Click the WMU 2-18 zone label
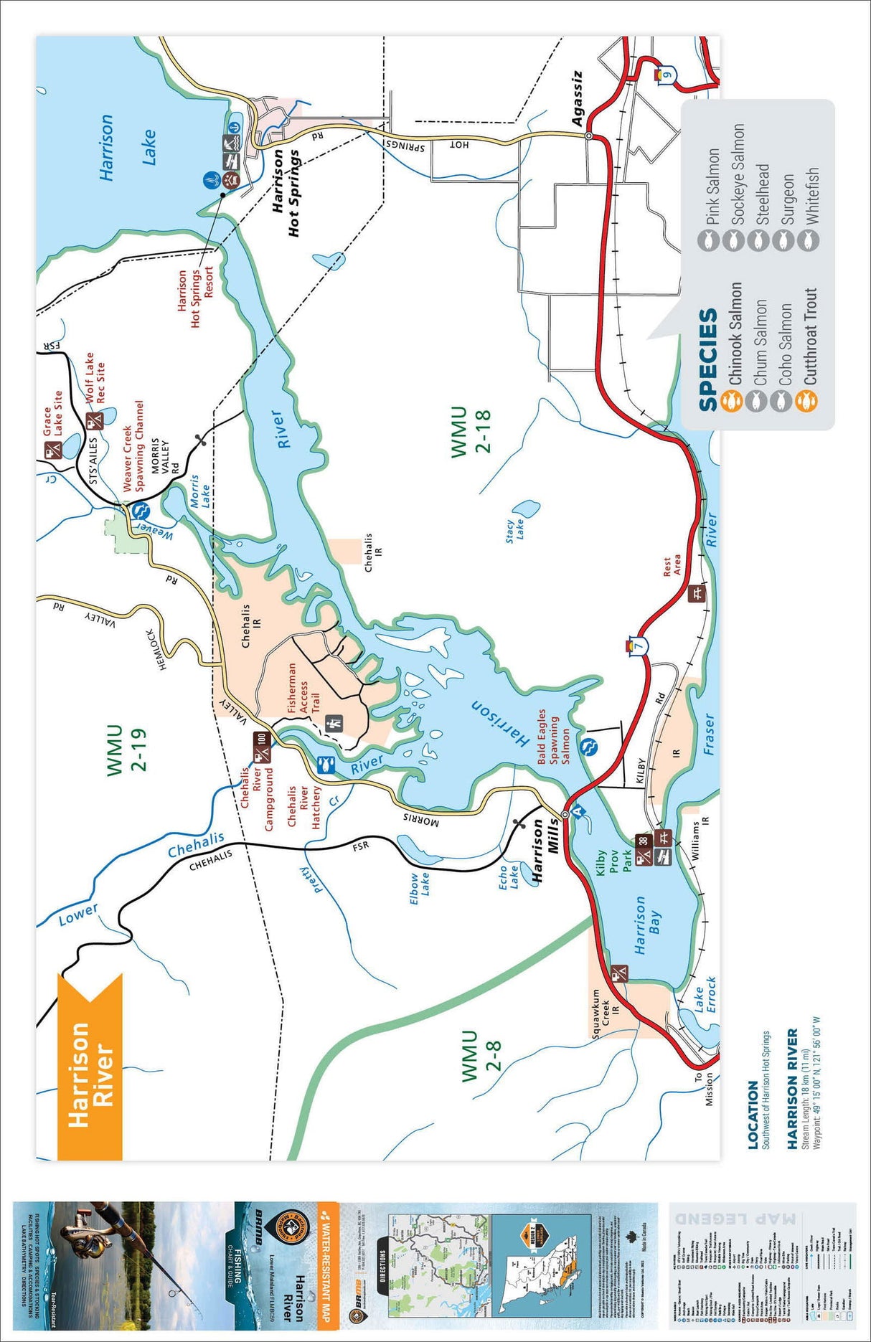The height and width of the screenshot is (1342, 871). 469,431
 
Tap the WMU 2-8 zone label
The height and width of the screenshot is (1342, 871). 480,1057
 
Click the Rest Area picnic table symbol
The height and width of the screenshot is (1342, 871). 696,593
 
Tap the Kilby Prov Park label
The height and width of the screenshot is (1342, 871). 614,861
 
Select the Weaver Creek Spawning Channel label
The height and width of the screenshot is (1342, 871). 133,445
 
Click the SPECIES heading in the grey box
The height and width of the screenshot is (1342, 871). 707,359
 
